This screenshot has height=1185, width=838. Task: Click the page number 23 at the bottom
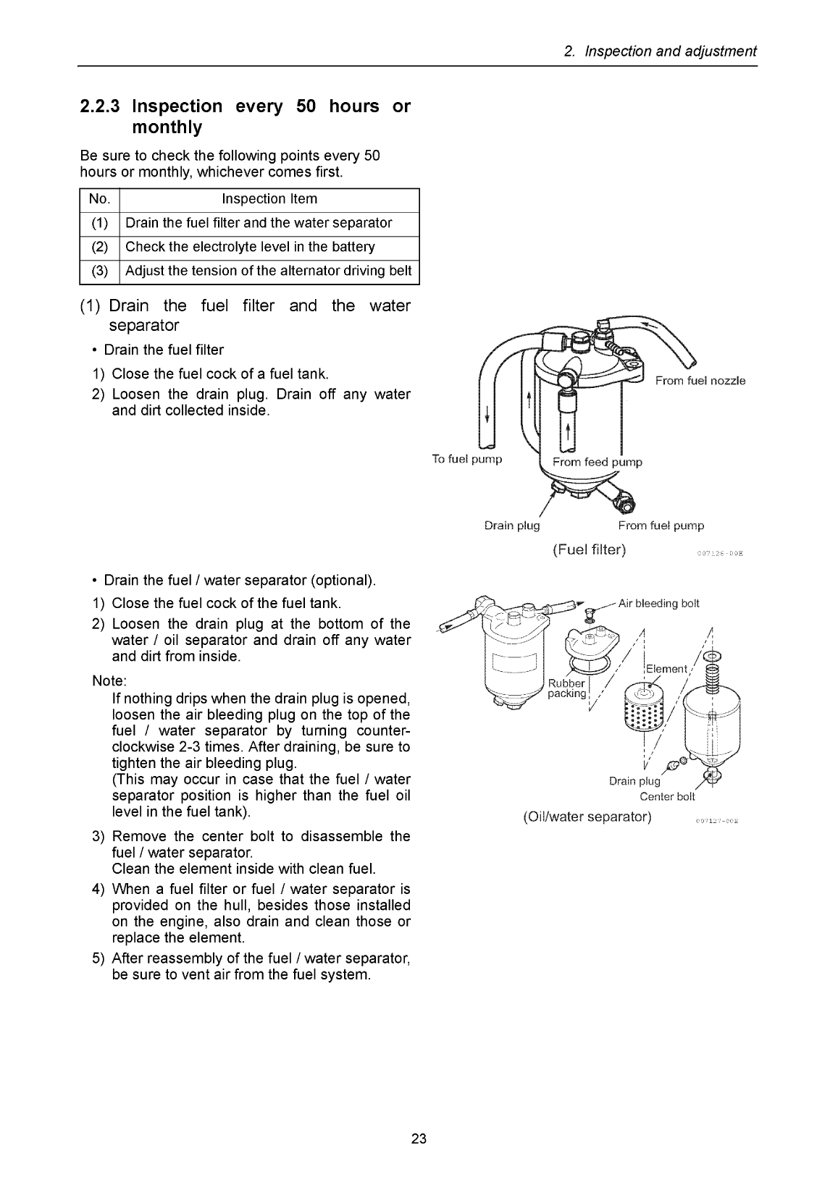[419, 1139]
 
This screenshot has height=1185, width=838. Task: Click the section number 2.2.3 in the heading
[99, 106]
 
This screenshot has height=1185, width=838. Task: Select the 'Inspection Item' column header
[269, 199]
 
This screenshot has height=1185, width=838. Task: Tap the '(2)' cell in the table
[99, 247]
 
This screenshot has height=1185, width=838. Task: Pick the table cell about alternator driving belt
[269, 271]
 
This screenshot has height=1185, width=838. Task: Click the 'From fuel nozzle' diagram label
[700, 381]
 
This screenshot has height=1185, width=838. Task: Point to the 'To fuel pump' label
[467, 459]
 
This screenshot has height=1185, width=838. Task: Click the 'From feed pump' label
[597, 462]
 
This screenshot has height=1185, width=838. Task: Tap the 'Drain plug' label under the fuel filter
[512, 526]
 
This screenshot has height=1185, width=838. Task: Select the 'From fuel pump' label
[661, 526]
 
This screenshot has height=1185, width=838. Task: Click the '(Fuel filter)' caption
[589, 550]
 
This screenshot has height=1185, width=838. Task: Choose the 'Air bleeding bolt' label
[658, 604]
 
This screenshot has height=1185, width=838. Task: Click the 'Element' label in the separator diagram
[666, 669]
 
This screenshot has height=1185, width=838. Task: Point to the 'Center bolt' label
[667, 797]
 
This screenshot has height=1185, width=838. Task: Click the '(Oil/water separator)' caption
[587, 817]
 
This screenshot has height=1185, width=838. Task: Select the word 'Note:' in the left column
[109, 681]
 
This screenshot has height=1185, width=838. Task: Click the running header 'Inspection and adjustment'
[671, 51]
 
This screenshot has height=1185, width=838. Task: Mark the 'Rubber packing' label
[567, 688]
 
